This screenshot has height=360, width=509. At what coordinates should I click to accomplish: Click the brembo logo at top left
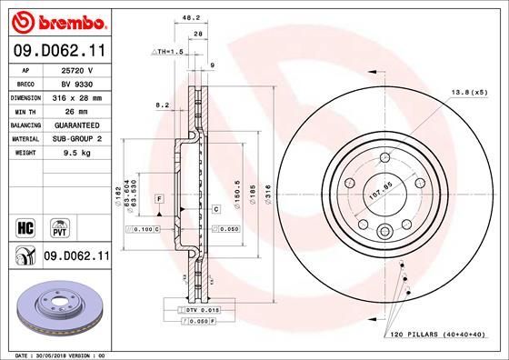pyautogui.click(x=56, y=19)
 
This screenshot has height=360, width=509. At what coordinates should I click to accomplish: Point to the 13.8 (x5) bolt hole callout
pyautogui.click(x=469, y=93)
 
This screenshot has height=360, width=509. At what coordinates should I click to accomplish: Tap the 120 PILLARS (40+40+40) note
pyautogui.click(x=439, y=335)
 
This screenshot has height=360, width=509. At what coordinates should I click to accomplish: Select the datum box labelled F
pyautogui.click(x=158, y=198)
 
